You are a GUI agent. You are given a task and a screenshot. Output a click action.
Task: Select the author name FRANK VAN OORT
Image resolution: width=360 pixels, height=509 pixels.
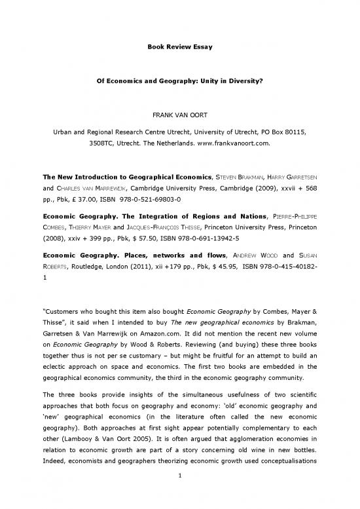179,130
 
